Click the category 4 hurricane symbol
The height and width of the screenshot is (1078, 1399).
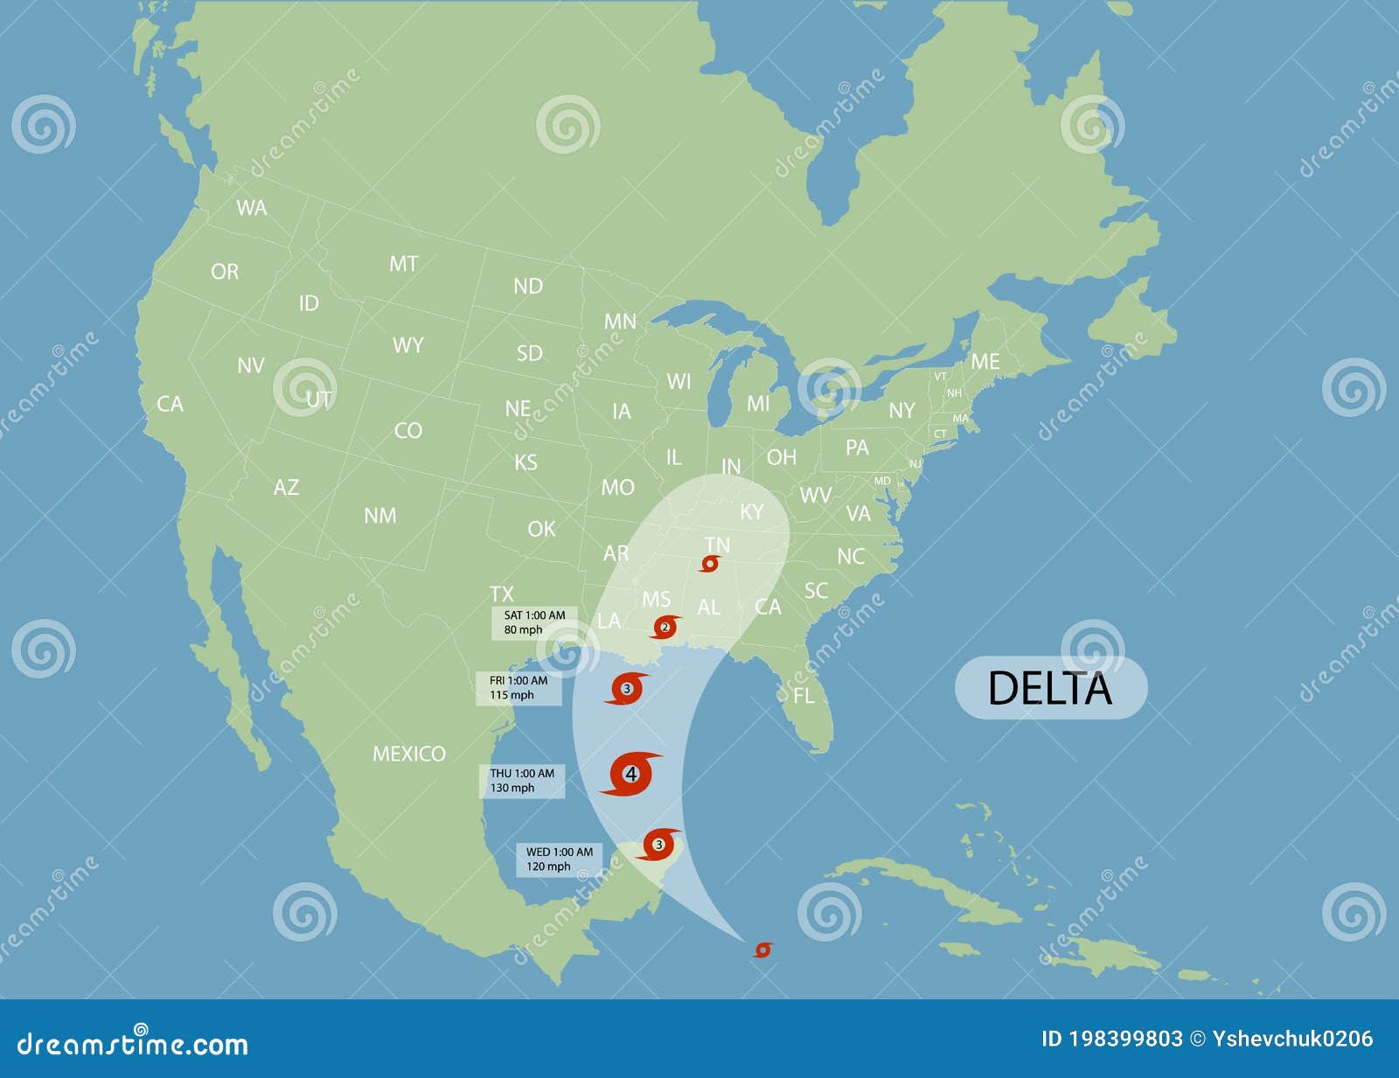point(630,774)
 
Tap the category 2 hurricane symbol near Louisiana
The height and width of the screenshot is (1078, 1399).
point(665,627)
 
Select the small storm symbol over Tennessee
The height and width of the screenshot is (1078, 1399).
point(710,564)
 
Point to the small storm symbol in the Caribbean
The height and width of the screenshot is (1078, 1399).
point(762,949)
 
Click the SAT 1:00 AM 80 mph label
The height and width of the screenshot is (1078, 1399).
point(534,622)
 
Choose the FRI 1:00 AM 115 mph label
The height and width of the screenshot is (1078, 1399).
point(519,688)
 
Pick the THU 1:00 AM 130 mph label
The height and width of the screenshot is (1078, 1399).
point(522,781)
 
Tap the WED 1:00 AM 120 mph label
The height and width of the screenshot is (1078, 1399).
point(559,859)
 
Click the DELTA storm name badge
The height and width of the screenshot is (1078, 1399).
point(1050,688)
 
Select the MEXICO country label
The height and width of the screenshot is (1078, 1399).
point(409,754)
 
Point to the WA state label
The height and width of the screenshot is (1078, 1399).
point(252,208)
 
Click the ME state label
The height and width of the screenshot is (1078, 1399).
point(985,361)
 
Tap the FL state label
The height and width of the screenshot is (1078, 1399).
point(804,696)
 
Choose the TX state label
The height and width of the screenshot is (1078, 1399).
point(502,594)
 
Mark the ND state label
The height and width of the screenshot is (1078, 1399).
point(528,286)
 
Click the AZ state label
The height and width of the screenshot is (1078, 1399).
point(286,487)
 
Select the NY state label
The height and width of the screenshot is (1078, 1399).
point(901,410)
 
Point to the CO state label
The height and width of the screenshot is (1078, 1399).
point(408,430)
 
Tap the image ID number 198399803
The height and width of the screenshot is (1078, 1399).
point(1124,1039)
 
